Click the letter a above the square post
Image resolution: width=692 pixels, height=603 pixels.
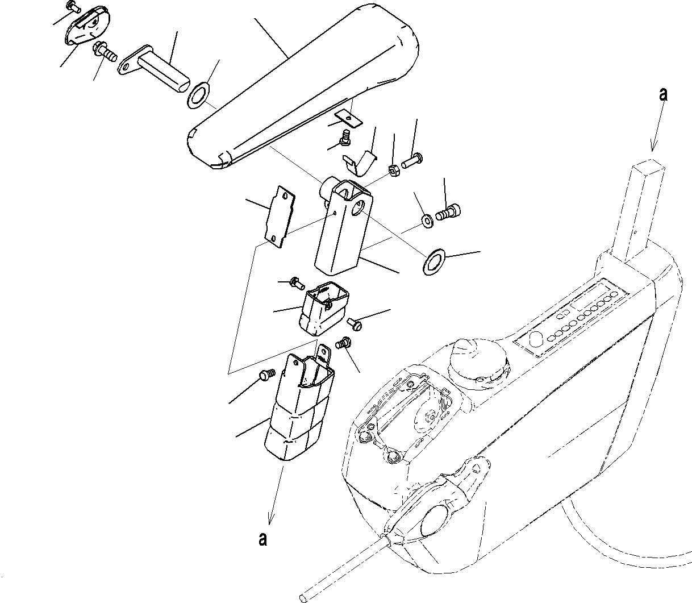click(662, 94)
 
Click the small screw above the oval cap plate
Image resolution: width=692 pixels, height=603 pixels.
click(72, 6)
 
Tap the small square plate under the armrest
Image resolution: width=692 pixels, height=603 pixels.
click(348, 118)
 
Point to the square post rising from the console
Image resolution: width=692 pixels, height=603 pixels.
click(647, 210)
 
